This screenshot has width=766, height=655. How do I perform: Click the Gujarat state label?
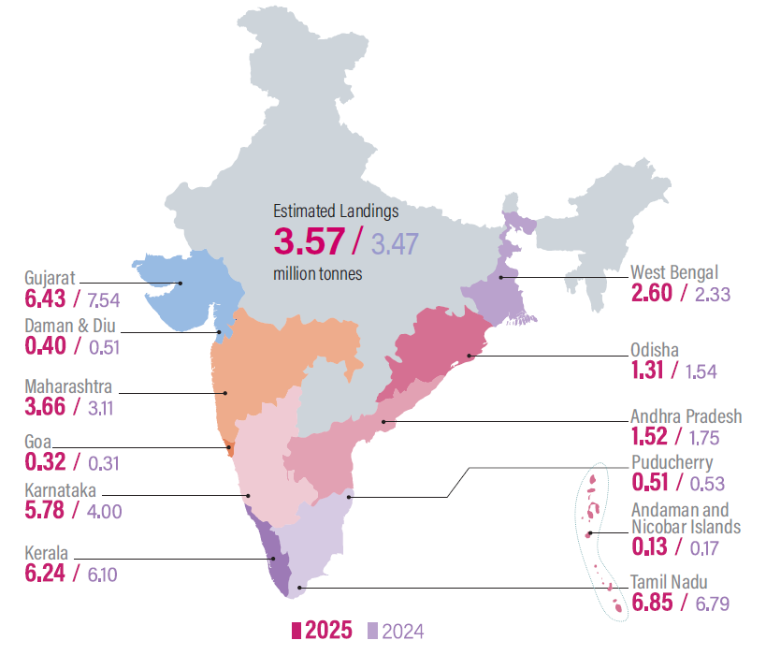click(49, 278)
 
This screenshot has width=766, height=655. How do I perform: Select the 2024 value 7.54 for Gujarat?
click(103, 300)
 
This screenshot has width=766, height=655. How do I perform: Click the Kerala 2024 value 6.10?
click(102, 572)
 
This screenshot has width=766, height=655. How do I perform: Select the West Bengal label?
click(674, 272)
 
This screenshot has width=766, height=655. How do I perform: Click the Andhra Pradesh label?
click(687, 416)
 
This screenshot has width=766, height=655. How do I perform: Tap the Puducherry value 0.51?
click(651, 483)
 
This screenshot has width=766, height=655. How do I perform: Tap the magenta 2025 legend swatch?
click(296, 631)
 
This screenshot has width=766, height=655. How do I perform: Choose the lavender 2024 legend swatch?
click(372, 631)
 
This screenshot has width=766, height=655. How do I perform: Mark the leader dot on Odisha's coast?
click(470, 356)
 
